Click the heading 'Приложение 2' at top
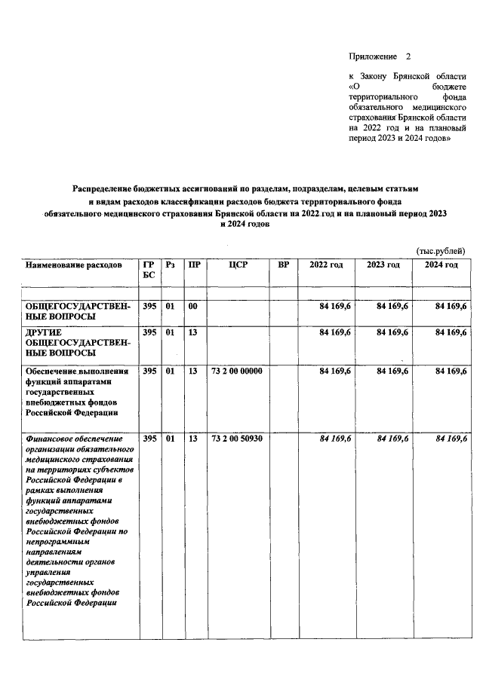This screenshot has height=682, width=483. tap(382, 57)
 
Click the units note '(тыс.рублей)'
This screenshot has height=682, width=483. tap(441, 251)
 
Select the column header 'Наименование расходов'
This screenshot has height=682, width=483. tap(73, 265)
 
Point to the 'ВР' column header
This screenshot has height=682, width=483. tap(284, 265)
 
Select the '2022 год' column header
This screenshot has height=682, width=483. tap(326, 265)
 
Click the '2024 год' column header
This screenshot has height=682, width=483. tap(441, 265)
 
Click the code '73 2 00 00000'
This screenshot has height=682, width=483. tap(237, 371)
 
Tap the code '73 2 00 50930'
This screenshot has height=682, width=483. tap(237, 439)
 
